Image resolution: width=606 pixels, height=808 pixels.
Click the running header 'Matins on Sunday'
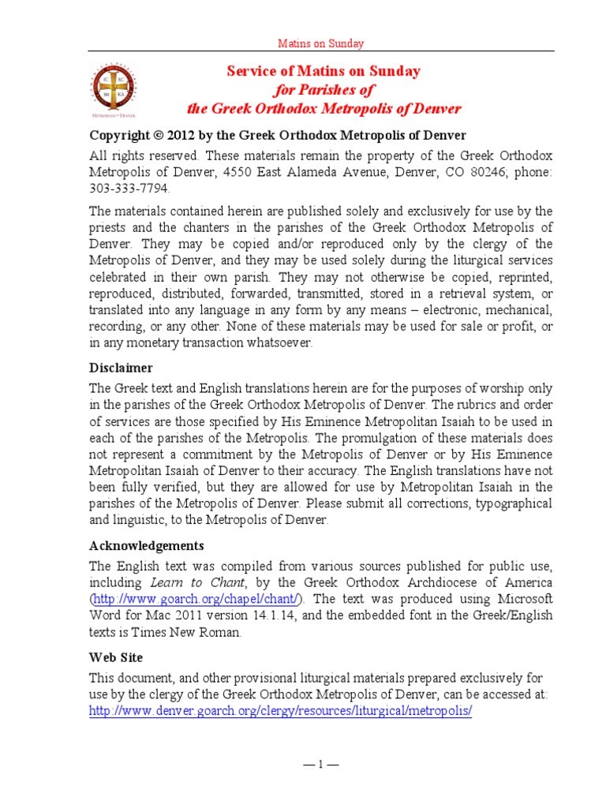pos(320,44)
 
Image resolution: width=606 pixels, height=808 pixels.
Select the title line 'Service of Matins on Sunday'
pos(324,72)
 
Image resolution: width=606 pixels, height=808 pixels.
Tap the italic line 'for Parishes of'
pos(324,90)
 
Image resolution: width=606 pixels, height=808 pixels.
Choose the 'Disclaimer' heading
pos(121,368)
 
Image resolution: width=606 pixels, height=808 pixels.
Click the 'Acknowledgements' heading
pos(146,545)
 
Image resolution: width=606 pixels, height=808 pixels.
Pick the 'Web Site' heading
pos(116,656)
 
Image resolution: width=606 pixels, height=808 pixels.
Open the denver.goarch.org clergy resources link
pos(280,710)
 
